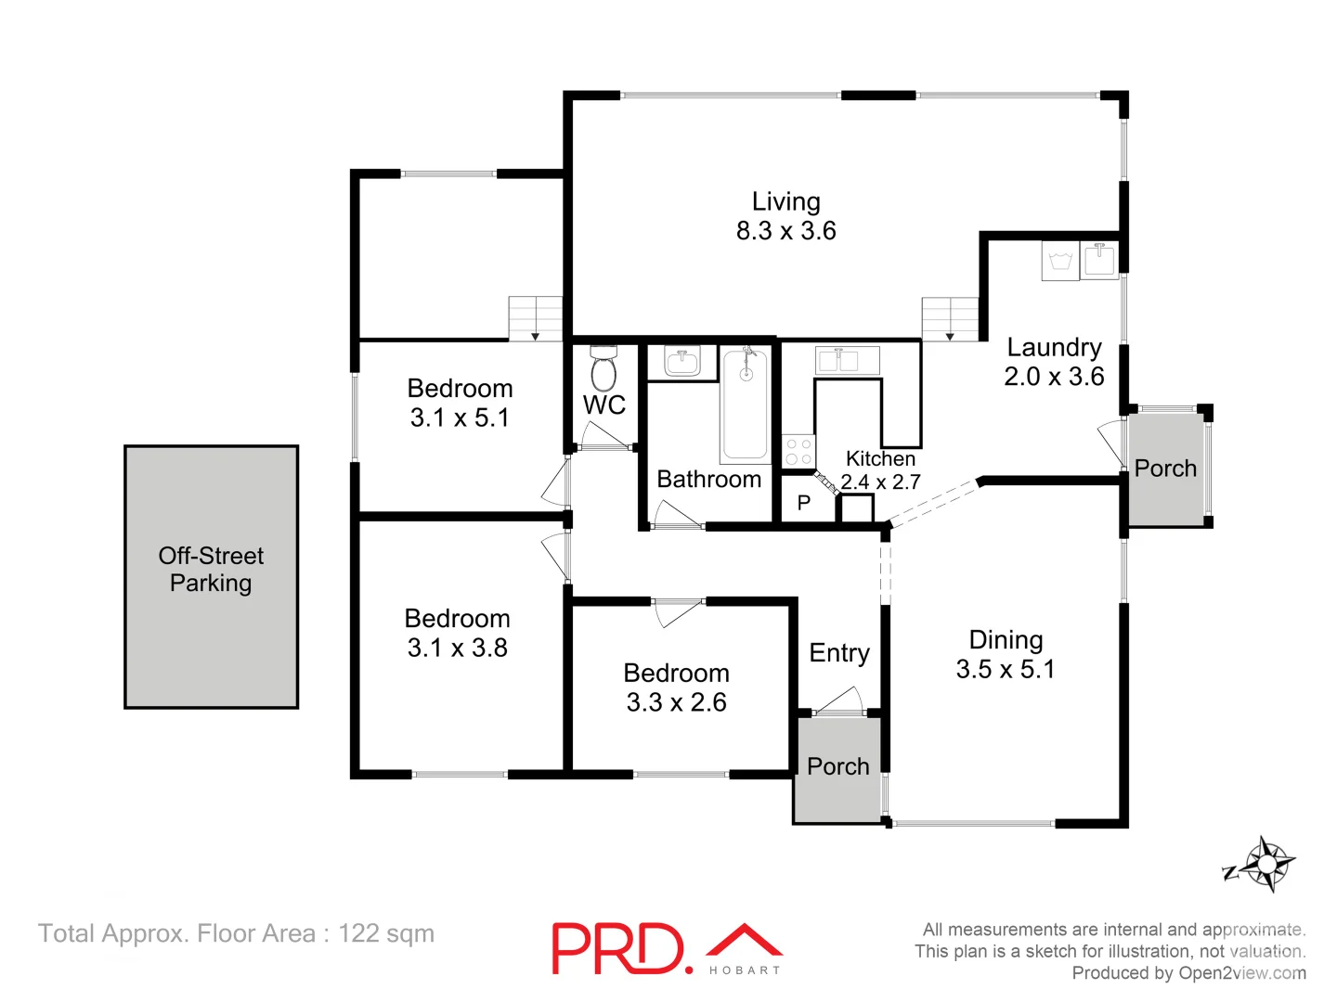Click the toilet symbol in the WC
pos(604,369)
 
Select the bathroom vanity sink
pos(682,361)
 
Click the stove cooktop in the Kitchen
pos(798,452)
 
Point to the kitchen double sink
pos(847,360)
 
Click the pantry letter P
pos(804,503)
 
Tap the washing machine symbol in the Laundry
pos(1059,261)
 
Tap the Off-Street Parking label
pos(211,570)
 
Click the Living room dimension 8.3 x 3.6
pos(785,231)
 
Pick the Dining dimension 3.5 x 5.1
pos(1006,670)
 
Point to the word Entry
pos(839,653)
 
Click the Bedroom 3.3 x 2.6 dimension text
pos(676,702)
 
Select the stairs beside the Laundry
pos(950,319)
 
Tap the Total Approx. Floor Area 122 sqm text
pos(236,933)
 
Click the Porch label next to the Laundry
pos(1165,469)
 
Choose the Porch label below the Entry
pos(837,766)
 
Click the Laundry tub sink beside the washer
pos(1100,260)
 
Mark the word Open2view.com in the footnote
pos(1241,973)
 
